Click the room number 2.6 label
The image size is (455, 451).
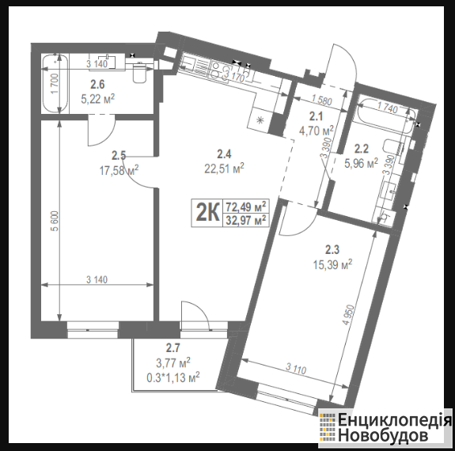(x=97, y=85)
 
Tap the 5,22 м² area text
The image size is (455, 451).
(x=98, y=99)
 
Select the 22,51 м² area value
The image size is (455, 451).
(x=224, y=169)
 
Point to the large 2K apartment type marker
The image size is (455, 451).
(x=207, y=213)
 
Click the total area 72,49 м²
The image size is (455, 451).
(x=246, y=207)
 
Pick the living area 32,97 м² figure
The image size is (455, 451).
(x=246, y=220)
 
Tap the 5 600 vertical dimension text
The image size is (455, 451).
(x=55, y=221)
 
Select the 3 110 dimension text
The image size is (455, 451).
(x=296, y=369)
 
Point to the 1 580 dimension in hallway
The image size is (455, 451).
(x=321, y=100)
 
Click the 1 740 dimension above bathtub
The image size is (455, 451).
(x=388, y=108)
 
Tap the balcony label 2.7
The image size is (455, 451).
(x=173, y=347)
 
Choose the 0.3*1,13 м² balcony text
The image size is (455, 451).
(x=173, y=377)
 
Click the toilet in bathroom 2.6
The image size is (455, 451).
(x=138, y=73)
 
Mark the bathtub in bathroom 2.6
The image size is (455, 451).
(x=55, y=84)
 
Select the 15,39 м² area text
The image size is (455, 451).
(x=332, y=264)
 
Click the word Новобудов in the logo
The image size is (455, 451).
(x=383, y=435)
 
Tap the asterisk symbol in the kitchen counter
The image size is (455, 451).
(x=260, y=119)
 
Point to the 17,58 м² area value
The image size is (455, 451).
(x=119, y=170)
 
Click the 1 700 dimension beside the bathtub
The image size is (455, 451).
(x=55, y=84)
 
